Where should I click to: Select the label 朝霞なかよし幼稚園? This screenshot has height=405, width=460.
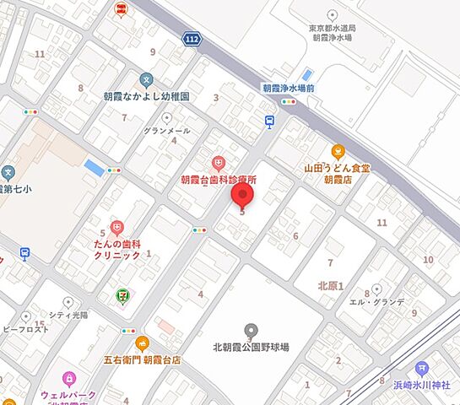(x=145, y=97)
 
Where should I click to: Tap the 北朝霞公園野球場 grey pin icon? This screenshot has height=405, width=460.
(x=250, y=330)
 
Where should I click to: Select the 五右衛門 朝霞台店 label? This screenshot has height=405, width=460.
(x=143, y=359)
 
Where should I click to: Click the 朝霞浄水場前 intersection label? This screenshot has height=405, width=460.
(x=289, y=87)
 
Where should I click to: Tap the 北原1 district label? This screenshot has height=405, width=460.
(x=331, y=286)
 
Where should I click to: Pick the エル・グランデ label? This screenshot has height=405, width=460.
(x=377, y=301)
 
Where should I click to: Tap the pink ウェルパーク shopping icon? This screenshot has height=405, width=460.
(x=68, y=377)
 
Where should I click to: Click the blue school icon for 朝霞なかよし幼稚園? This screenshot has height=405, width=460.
(x=145, y=82)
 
